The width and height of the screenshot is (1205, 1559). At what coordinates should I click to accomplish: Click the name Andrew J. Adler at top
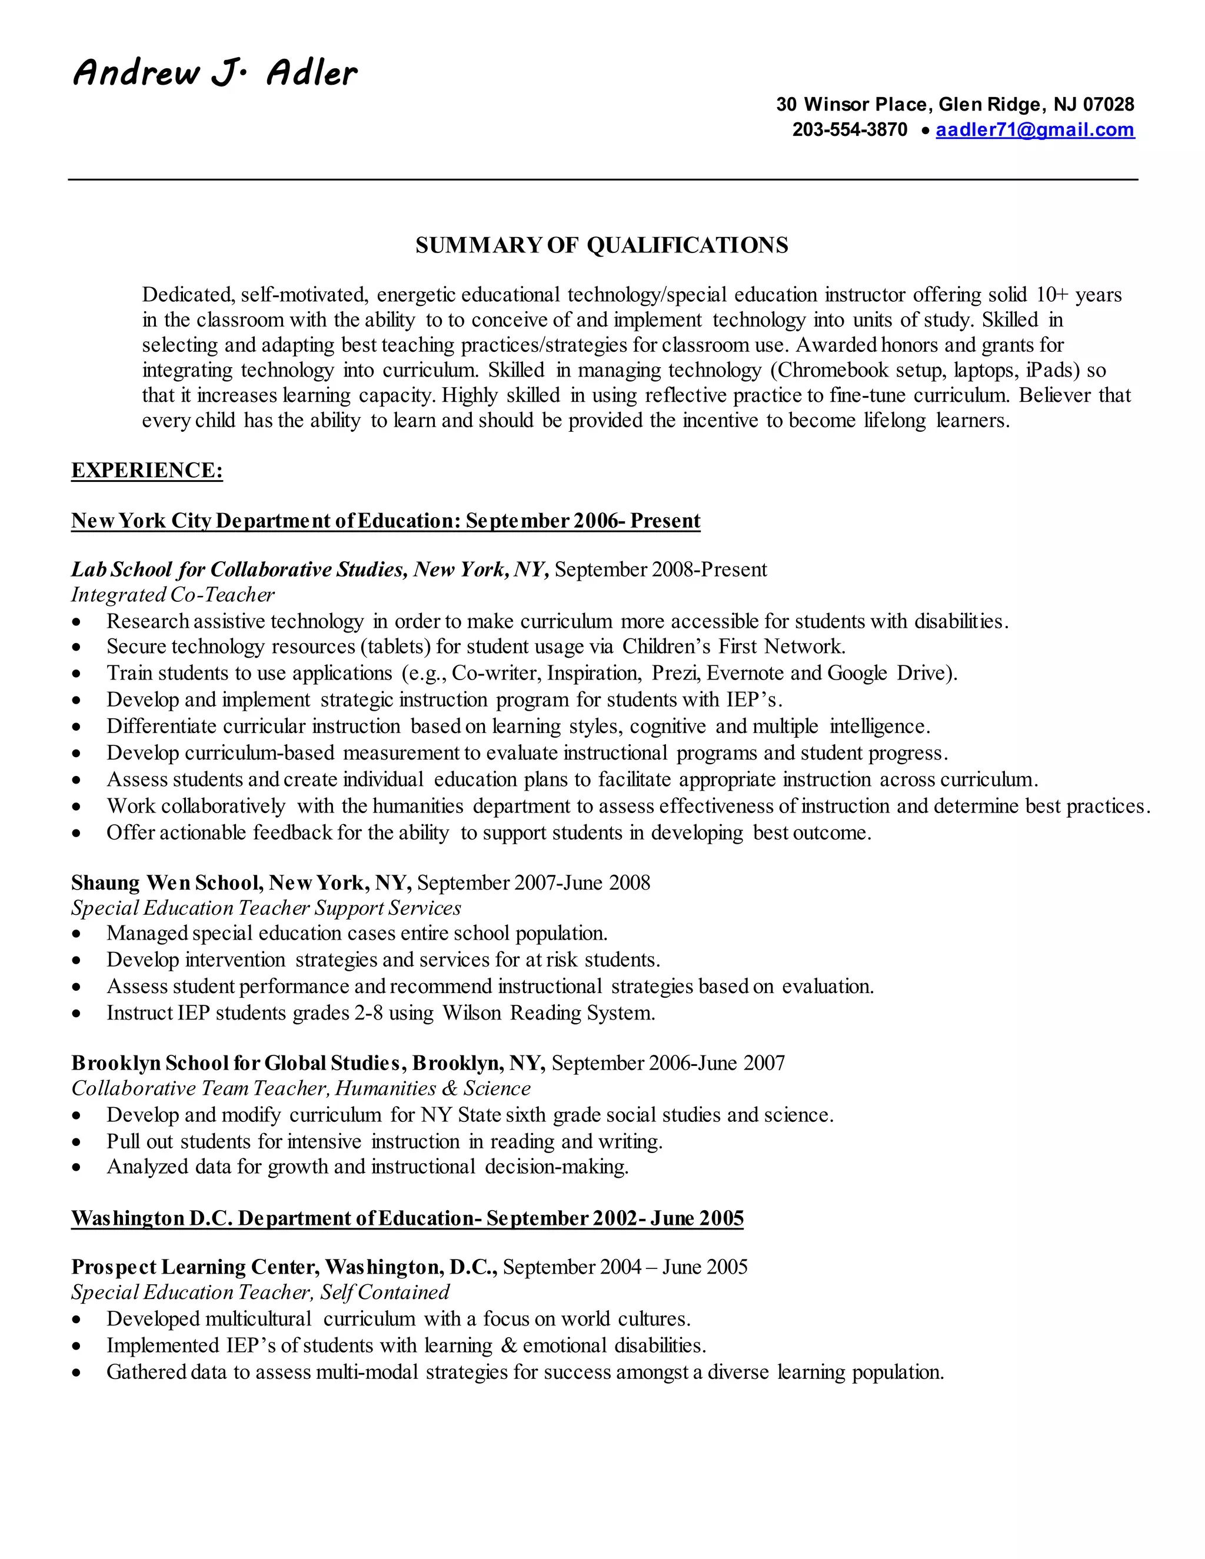[x=214, y=74]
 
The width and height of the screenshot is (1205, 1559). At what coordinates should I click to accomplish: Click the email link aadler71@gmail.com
[x=1034, y=130]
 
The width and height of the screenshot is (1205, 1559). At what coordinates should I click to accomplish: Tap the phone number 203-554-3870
[x=849, y=130]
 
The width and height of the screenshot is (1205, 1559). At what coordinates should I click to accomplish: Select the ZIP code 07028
[x=1108, y=105]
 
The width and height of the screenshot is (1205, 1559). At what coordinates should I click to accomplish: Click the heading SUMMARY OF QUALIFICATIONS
[x=602, y=245]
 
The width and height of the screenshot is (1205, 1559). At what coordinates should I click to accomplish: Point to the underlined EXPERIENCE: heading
[x=147, y=471]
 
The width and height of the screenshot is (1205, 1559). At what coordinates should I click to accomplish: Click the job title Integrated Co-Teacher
[x=173, y=595]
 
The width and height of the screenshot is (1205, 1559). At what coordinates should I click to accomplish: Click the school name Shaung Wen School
[x=167, y=883]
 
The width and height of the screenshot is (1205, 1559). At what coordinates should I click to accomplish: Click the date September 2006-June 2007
[x=667, y=1063]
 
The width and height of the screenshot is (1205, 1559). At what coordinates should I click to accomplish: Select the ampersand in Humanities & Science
[x=450, y=1088]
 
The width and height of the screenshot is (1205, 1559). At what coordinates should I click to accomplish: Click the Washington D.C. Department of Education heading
[x=407, y=1218]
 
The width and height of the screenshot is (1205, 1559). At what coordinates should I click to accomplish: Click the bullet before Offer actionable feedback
[x=77, y=834]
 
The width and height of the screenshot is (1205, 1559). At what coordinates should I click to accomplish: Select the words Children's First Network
[x=733, y=647]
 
